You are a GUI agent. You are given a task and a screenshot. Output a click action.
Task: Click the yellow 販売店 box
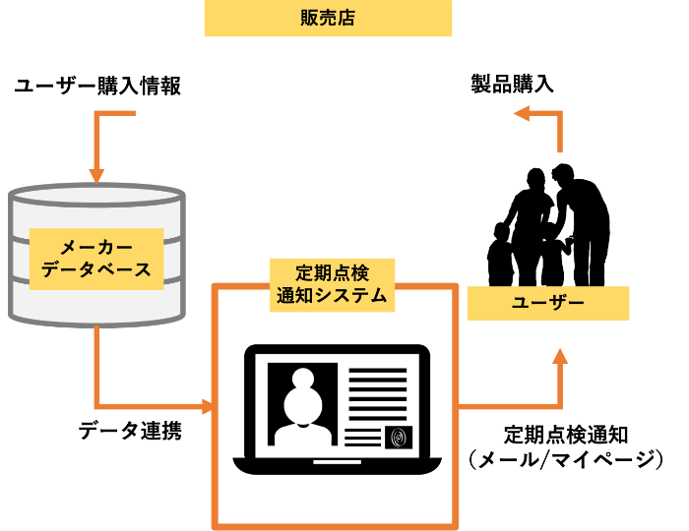pyautogui.click(x=328, y=19)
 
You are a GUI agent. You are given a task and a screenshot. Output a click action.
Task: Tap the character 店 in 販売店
pyautogui.click(x=345, y=19)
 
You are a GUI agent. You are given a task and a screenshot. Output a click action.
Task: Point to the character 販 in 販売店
pyautogui.click(x=310, y=19)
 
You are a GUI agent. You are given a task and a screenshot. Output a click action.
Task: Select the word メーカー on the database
pyautogui.click(x=96, y=247)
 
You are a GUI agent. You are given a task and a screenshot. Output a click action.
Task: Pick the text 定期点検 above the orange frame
pyautogui.click(x=332, y=272)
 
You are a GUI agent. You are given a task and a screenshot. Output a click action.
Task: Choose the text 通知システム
pyautogui.click(x=332, y=295)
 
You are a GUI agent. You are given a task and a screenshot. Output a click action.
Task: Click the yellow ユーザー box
pyautogui.click(x=547, y=303)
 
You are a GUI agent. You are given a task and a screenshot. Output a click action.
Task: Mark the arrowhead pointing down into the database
pyautogui.click(x=96, y=176)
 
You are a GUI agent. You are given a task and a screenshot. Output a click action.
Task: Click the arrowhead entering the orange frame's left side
pyautogui.click(x=208, y=406)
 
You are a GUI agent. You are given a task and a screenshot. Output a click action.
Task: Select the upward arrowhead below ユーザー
pyautogui.click(x=560, y=356)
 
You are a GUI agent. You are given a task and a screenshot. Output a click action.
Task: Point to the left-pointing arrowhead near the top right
pyautogui.click(x=522, y=113)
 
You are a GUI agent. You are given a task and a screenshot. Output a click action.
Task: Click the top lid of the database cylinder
pyautogui.click(x=96, y=195)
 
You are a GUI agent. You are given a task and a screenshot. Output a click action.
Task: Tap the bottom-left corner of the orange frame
pyautogui.click(x=216, y=525)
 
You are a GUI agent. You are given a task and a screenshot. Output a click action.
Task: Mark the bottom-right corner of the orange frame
pyautogui.click(x=456, y=525)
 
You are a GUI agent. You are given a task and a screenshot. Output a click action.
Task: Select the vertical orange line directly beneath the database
pyautogui.click(x=96, y=364)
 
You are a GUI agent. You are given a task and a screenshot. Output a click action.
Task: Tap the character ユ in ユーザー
pyautogui.click(x=521, y=303)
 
